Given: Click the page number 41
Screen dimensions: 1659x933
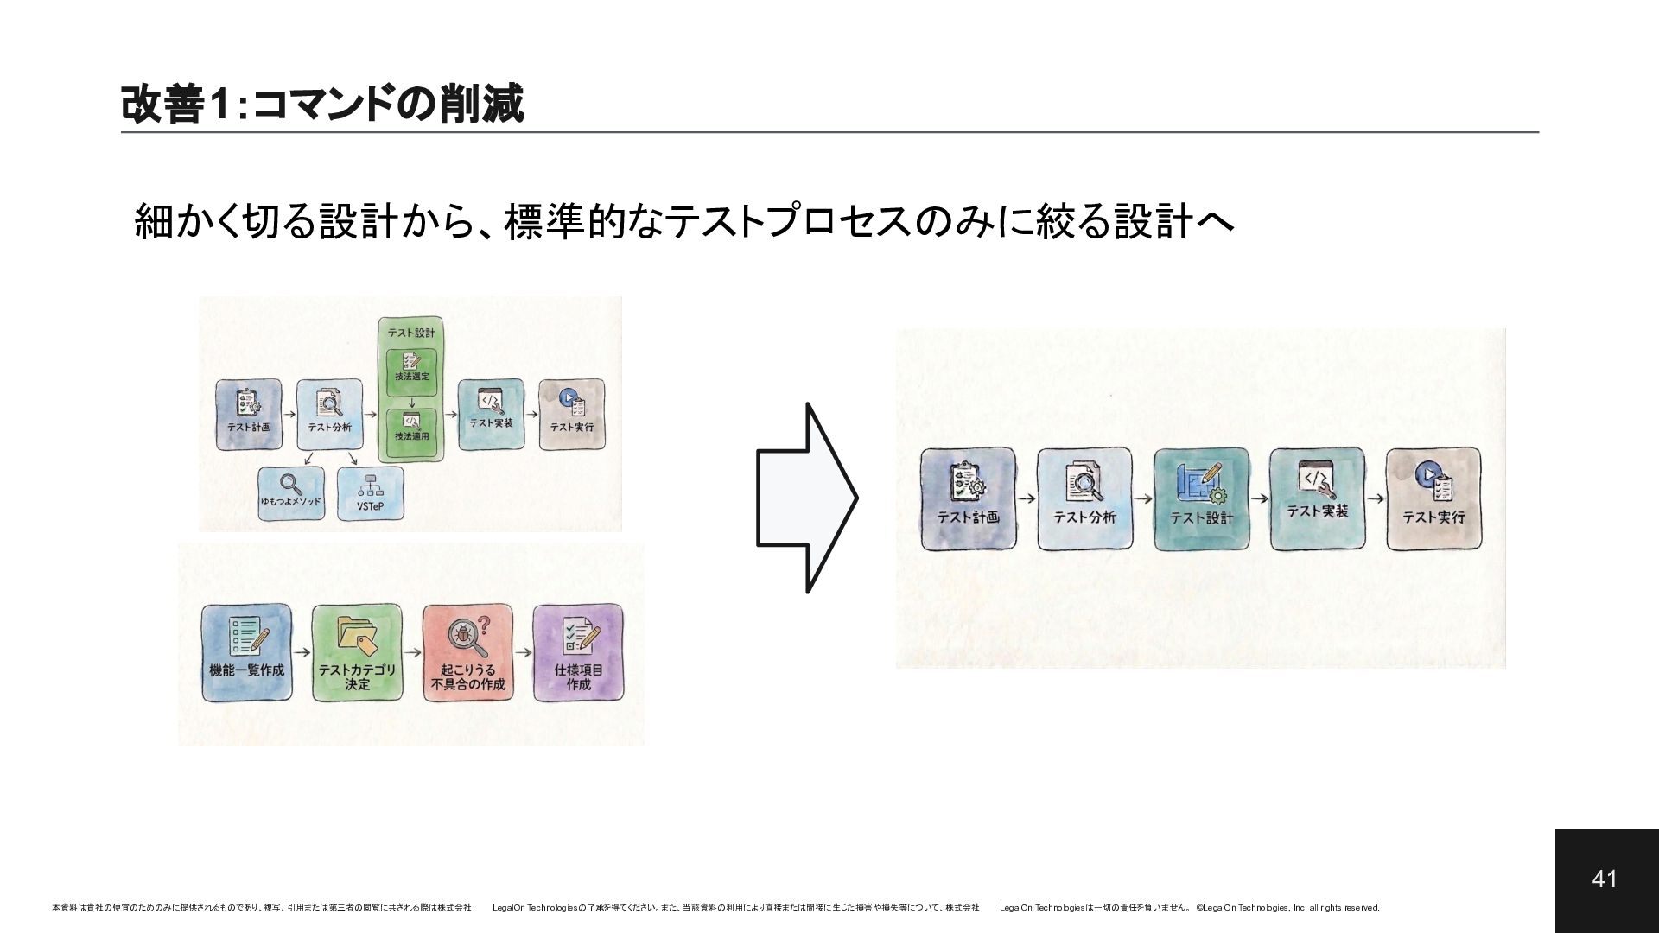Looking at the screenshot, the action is click(x=1605, y=879).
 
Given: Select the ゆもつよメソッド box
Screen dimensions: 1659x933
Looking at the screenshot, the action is click(x=291, y=493).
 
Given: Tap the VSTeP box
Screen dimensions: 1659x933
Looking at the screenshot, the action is click(x=371, y=493).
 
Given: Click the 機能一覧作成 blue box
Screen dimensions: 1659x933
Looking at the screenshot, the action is click(x=246, y=652).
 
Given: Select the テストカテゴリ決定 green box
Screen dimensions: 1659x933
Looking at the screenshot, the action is click(x=357, y=652).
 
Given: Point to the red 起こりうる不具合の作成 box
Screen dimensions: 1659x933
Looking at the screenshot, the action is click(x=467, y=652).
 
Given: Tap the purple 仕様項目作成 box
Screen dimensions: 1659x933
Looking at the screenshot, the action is click(x=578, y=652).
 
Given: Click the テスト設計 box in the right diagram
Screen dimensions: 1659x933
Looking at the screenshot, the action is click(x=1201, y=498).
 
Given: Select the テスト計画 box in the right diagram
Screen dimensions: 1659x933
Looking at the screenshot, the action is click(x=968, y=498).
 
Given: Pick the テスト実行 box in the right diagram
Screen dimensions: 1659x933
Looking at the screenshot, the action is click(x=1433, y=498).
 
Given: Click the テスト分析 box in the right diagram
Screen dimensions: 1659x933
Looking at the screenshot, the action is click(x=1084, y=498).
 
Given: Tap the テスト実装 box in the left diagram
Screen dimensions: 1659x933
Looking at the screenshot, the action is click(x=491, y=414).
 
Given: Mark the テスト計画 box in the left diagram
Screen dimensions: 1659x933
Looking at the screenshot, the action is click(x=249, y=415).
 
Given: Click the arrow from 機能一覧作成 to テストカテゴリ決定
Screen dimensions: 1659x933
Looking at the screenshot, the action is click(x=302, y=654).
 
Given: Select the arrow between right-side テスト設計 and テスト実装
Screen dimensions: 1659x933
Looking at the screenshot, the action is click(x=1259, y=498).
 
